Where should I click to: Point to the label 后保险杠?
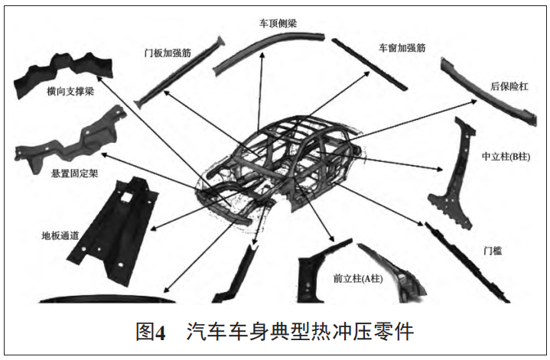(508, 86)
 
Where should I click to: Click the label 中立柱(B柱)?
(506, 156)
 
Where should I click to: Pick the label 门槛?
(492, 250)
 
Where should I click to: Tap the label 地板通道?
(62, 235)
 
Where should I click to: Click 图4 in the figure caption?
(150, 332)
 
